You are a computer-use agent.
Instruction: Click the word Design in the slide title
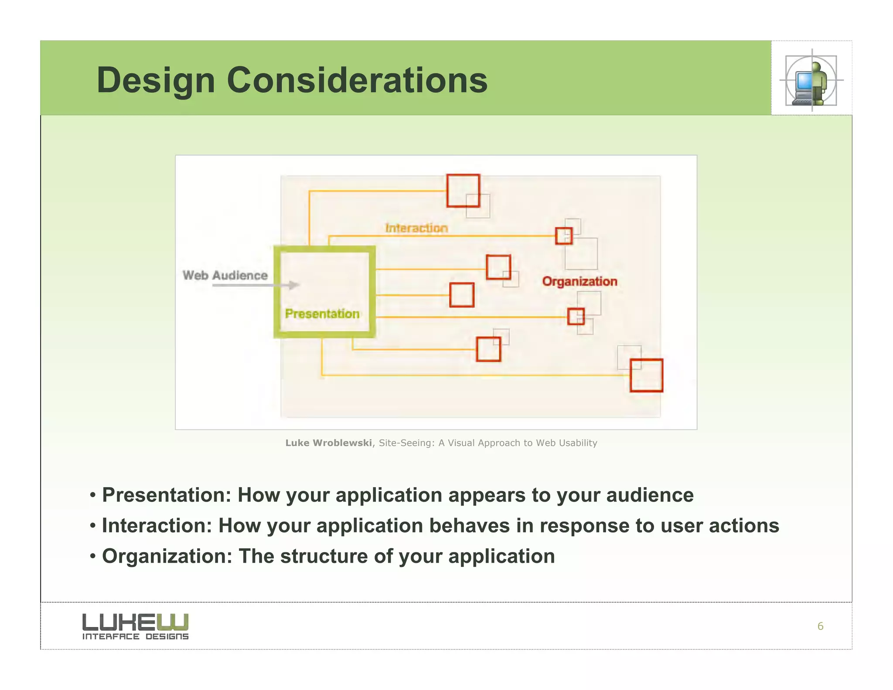(x=156, y=81)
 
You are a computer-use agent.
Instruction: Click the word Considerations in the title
(x=357, y=81)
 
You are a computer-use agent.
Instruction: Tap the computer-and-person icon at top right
(x=811, y=81)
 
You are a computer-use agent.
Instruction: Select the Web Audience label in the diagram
(x=225, y=275)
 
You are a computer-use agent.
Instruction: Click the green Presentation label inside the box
(x=322, y=314)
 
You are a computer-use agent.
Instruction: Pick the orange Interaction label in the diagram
(x=416, y=228)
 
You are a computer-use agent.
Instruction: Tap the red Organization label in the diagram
(x=579, y=281)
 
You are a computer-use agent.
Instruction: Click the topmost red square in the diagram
(x=463, y=191)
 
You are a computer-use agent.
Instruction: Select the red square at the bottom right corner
(x=646, y=376)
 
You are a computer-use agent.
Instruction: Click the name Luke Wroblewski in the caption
(x=328, y=443)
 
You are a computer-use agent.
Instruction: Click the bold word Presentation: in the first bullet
(x=166, y=495)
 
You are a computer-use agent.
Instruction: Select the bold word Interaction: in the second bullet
(x=157, y=526)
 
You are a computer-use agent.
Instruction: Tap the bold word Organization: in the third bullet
(x=167, y=557)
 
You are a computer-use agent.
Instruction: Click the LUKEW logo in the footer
(x=135, y=622)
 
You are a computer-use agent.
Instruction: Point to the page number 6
(x=820, y=626)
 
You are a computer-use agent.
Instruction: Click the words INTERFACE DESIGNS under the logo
(x=135, y=636)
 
